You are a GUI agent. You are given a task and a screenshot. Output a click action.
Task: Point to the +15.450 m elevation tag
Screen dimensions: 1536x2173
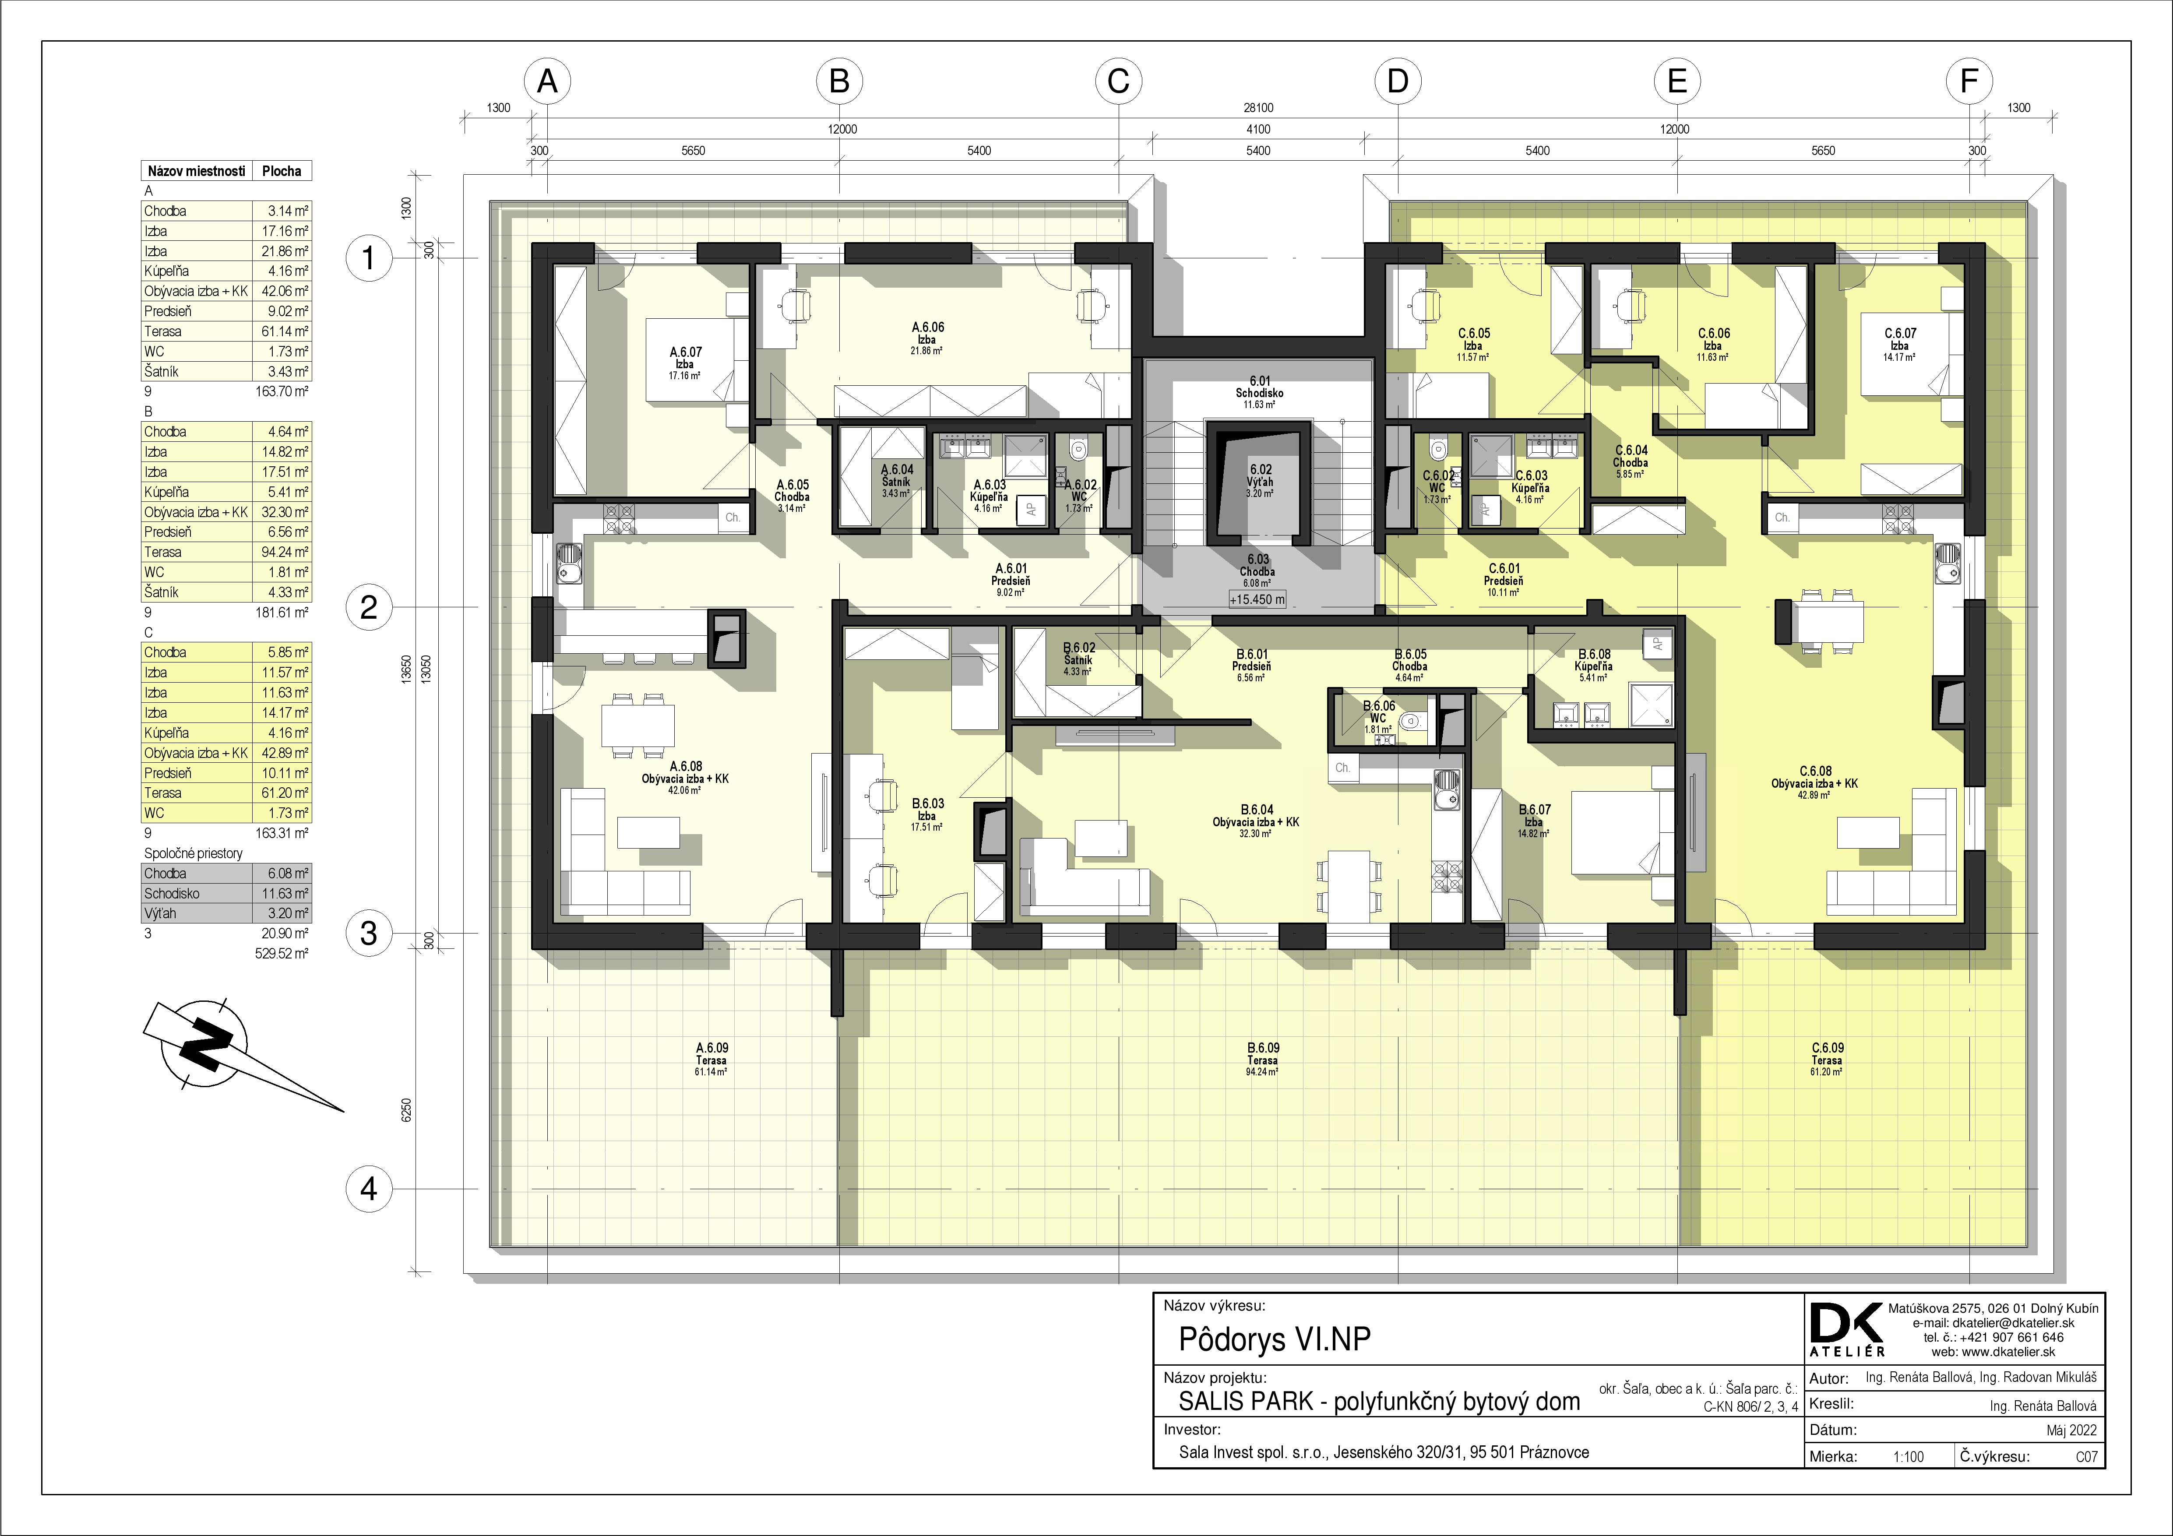[1257, 599]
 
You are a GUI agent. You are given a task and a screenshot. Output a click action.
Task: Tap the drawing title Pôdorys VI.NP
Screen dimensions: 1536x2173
[1274, 1339]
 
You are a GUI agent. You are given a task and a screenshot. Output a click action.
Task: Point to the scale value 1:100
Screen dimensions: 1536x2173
[1908, 1456]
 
